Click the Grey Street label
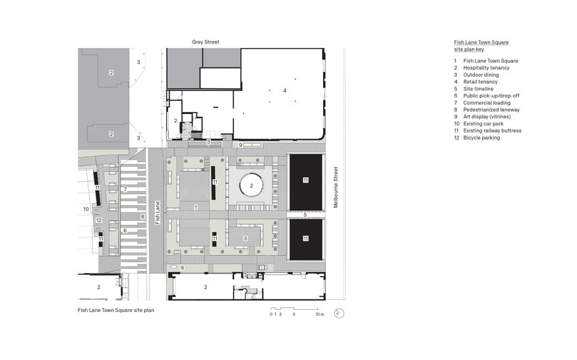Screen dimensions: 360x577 coord(205,42)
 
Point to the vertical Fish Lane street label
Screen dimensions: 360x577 coord(157,212)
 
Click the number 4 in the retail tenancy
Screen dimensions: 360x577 coord(285,90)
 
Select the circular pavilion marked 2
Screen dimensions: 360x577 coord(251,187)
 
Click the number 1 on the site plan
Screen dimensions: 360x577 coord(195,207)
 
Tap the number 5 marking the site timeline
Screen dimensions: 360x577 coord(305,215)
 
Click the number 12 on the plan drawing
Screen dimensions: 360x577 coord(98,220)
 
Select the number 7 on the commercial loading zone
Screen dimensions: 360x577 coord(124,189)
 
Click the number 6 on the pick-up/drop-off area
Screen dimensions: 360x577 coord(124,230)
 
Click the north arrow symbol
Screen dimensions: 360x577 coord(339,314)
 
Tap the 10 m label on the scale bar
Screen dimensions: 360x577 coord(319,315)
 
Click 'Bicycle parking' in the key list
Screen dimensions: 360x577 coord(481,137)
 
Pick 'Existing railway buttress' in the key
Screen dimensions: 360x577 coord(492,131)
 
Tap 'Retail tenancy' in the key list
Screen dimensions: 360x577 coord(480,82)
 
